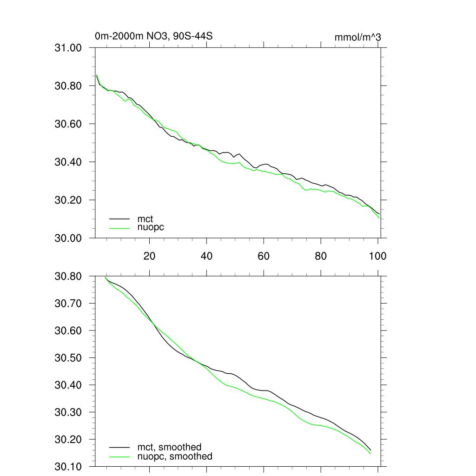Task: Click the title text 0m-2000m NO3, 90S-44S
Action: [x=153, y=36]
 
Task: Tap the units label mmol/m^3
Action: [x=357, y=37]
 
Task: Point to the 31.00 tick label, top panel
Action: [x=68, y=48]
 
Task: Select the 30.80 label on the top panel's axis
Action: [x=68, y=86]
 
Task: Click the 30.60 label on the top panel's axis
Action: [x=68, y=124]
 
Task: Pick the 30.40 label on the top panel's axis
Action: [x=68, y=162]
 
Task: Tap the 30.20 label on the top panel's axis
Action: [x=68, y=200]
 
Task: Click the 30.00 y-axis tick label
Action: [x=68, y=238]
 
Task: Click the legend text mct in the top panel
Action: [x=145, y=218]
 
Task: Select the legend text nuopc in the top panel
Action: [x=151, y=227]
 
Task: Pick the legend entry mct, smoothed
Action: [x=169, y=447]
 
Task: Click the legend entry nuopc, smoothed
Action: [x=175, y=456]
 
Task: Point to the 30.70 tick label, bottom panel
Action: [x=68, y=304]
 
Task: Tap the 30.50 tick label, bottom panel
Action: [x=68, y=358]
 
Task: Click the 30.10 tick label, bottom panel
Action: [x=68, y=467]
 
